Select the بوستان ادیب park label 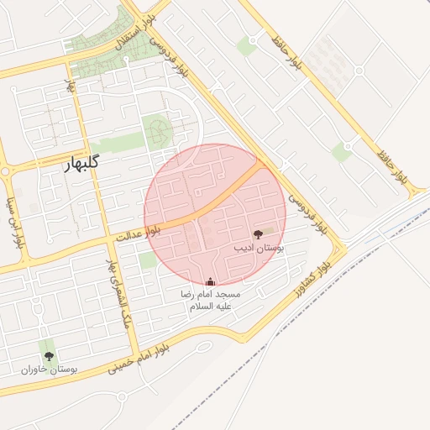[257, 249]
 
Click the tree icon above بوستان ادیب [257, 234]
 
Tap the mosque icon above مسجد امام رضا [210, 281]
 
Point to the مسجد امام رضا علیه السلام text [213, 301]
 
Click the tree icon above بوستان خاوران [48, 356]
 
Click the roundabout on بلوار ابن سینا [6, 171]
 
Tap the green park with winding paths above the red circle [156, 131]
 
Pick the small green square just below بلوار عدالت [148, 260]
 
